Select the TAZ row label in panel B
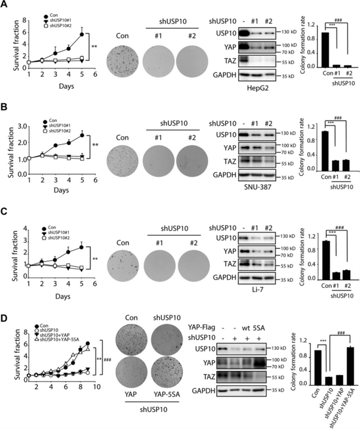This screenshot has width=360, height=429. (221, 163)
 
